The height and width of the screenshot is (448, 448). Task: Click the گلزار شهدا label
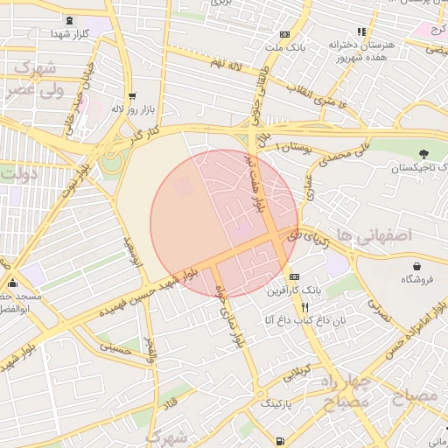(69, 32)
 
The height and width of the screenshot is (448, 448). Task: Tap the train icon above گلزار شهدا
(70, 19)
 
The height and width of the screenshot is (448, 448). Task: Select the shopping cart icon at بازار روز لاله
(131, 97)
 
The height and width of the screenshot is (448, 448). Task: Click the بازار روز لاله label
(132, 110)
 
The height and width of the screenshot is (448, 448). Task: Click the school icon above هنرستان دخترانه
(360, 31)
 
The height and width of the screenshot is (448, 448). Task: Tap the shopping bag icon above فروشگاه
(417, 266)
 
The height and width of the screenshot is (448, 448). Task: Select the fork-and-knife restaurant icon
(304, 307)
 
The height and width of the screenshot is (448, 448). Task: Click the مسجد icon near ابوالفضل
(12, 283)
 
